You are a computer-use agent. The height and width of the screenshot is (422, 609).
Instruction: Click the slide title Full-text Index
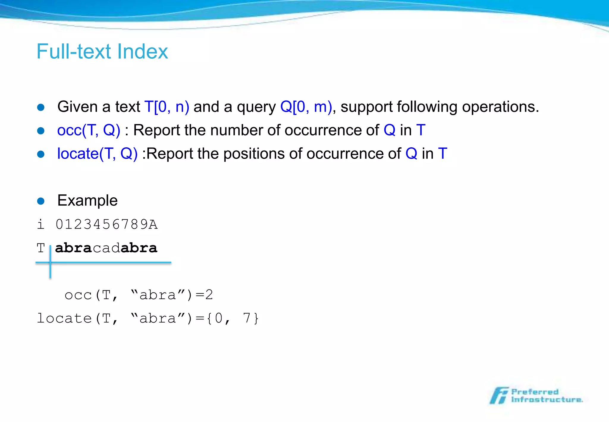(102, 51)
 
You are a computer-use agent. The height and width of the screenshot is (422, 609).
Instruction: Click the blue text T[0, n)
(167, 107)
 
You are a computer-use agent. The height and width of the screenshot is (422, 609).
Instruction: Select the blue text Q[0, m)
(306, 107)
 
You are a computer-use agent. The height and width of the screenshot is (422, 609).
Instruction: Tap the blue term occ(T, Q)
(89, 130)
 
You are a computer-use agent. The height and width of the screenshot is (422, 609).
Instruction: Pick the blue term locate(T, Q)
(97, 154)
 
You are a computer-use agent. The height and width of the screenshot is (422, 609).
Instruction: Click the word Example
(87, 201)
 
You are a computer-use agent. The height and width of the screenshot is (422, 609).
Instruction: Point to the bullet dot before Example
(41, 201)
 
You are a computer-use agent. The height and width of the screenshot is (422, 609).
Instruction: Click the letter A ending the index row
(153, 224)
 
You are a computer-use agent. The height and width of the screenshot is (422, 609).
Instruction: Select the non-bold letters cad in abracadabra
(106, 248)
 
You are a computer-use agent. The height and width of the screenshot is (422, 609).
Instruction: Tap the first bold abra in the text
(73, 248)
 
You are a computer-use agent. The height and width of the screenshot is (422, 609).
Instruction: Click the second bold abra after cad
(139, 248)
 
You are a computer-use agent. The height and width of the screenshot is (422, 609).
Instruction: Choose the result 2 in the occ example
(209, 295)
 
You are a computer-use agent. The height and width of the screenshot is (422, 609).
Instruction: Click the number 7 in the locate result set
(247, 318)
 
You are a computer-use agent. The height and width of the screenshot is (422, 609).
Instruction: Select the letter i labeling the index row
(41, 224)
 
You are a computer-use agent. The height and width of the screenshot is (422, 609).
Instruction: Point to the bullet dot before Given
(41, 107)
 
